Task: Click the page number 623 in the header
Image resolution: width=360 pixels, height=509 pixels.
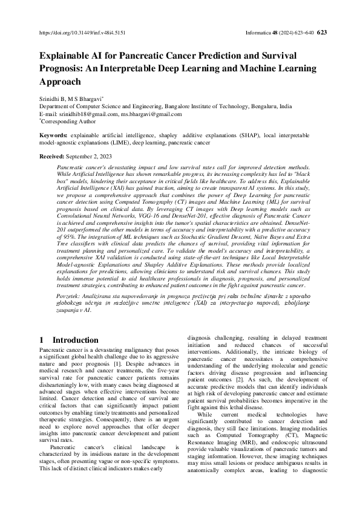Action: (x=322, y=33)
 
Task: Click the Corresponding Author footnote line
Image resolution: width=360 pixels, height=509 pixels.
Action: (x=65, y=121)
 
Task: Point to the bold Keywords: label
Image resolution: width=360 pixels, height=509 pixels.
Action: (x=53, y=136)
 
